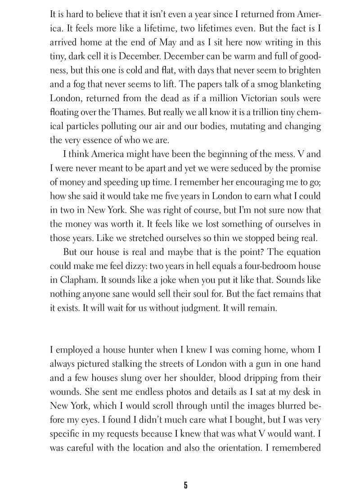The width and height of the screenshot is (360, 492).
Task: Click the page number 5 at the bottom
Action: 185,484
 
